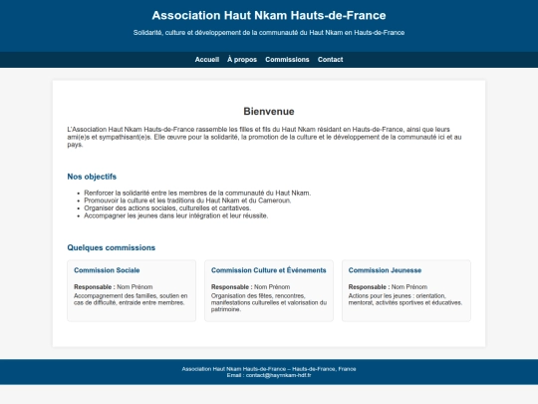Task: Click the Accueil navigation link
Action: point(207,60)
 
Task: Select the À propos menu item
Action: point(242,60)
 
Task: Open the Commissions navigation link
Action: point(288,60)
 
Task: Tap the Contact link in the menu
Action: point(330,60)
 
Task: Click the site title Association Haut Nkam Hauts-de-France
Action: point(269,15)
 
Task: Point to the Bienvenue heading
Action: point(269,111)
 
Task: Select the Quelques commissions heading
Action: point(112,247)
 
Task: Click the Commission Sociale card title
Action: point(107,270)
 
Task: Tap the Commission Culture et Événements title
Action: point(269,270)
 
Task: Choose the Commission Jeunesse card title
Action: point(385,270)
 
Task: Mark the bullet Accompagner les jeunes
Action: point(176,215)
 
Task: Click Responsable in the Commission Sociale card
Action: point(93,287)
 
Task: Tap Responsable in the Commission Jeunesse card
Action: point(368,287)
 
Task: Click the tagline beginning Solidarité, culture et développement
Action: point(269,32)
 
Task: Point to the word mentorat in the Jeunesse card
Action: point(363,303)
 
